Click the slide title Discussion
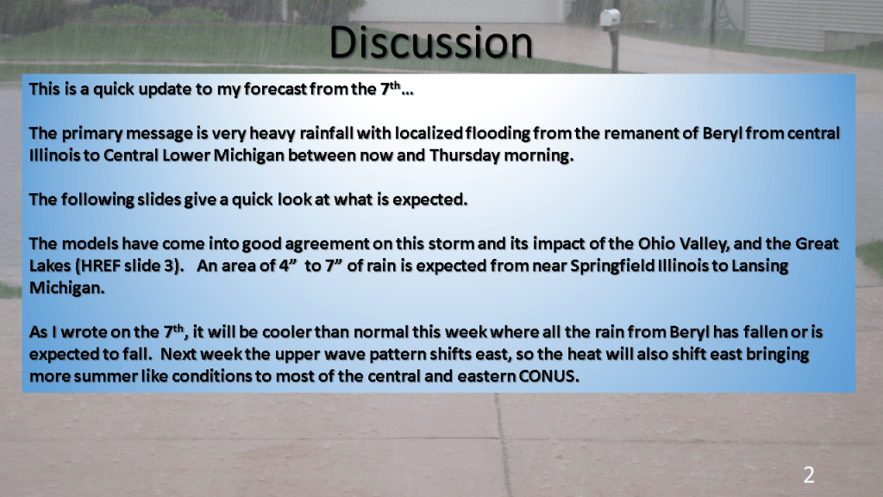[x=431, y=43]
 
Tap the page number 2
[x=809, y=475]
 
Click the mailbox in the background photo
[x=610, y=19]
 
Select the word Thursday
[x=464, y=155]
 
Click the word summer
[x=104, y=376]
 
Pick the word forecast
[x=275, y=89]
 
